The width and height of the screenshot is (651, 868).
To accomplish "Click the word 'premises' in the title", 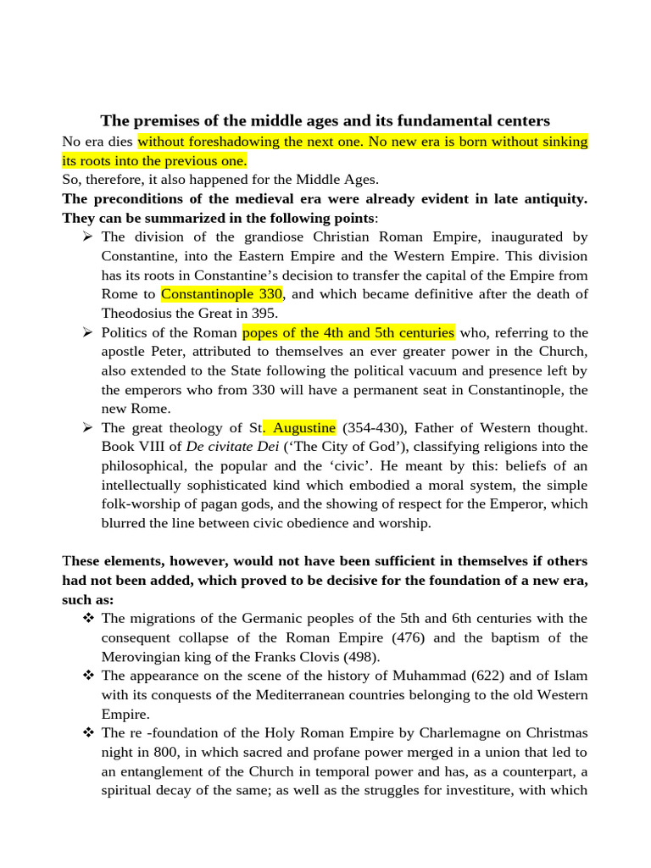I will tap(157, 120).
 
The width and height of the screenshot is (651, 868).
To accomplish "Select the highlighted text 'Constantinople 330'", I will tap(222, 295).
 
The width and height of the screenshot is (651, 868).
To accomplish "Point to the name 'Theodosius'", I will tap(138, 314).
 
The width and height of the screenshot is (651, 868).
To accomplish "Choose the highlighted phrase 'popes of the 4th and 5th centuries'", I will tap(348, 332).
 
